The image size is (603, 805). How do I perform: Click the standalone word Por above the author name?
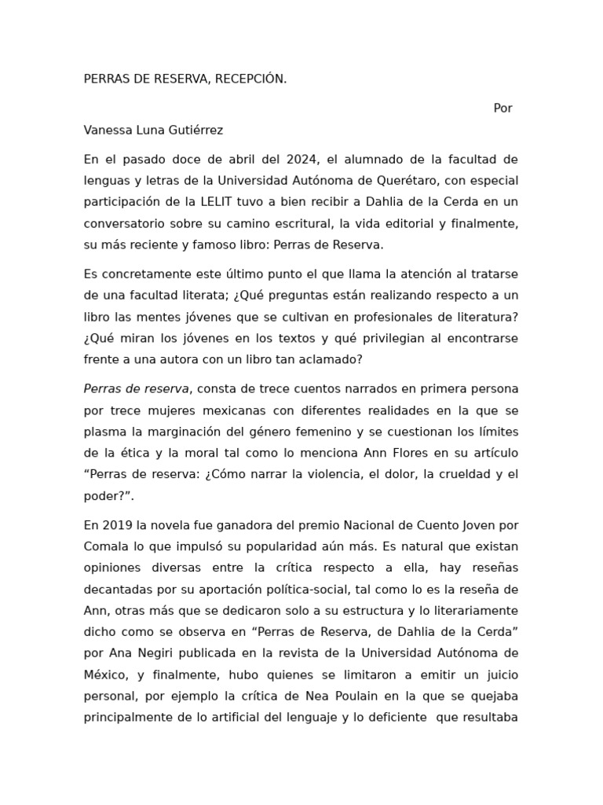click(502, 108)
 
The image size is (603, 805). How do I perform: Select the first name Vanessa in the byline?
click(108, 130)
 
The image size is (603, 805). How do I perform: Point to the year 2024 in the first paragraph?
click(302, 160)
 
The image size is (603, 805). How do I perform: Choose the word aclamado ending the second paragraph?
click(331, 359)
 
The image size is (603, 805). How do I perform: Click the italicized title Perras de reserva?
click(136, 389)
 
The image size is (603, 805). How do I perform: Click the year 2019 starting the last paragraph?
click(115, 525)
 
